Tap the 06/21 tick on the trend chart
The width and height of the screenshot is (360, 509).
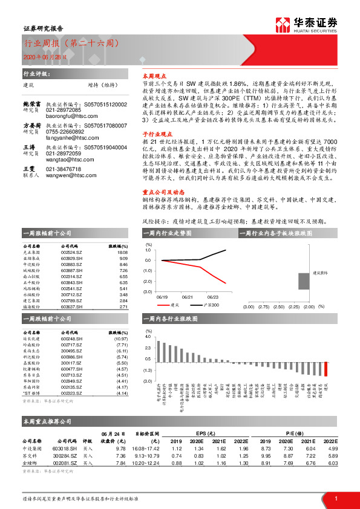188,297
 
